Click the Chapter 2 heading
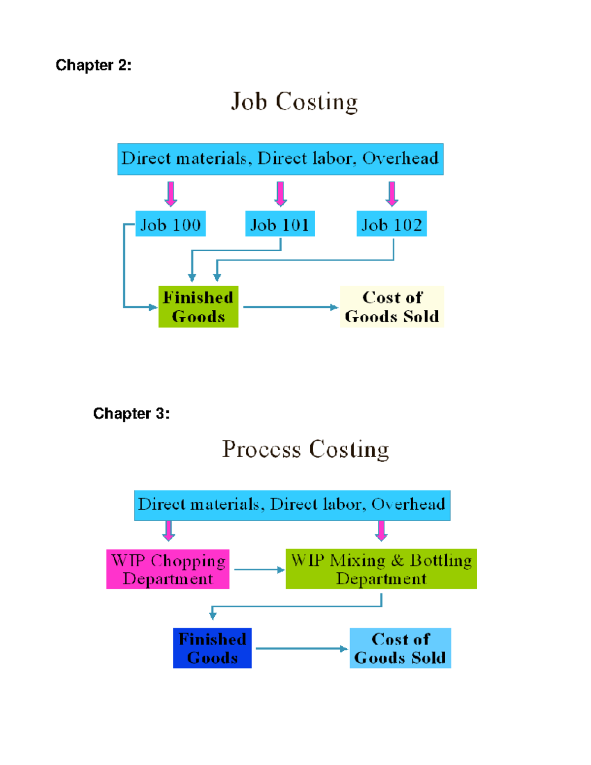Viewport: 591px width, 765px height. [x=94, y=65]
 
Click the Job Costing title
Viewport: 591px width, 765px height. [x=295, y=102]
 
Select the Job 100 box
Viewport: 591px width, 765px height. [x=170, y=224]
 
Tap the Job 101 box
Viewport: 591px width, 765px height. [x=280, y=224]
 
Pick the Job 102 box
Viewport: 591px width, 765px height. [x=392, y=224]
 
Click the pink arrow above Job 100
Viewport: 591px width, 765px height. [x=171, y=194]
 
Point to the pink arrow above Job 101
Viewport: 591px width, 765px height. [x=281, y=194]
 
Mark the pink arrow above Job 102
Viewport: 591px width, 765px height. [x=392, y=194]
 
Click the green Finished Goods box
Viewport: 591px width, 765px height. [x=198, y=306]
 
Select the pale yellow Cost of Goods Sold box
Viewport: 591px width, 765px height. [x=392, y=306]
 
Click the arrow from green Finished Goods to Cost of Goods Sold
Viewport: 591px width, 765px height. [x=291, y=307]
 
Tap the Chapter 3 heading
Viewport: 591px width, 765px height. [x=131, y=413]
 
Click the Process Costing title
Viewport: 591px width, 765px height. [x=305, y=449]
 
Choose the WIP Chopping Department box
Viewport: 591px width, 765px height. [x=168, y=569]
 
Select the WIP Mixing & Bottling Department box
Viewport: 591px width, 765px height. [x=381, y=569]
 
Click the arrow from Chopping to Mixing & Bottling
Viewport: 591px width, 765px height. [x=259, y=570]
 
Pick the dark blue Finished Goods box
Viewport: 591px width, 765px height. [x=212, y=648]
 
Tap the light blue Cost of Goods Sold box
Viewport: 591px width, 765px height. [x=400, y=648]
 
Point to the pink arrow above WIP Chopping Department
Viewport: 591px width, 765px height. [x=169, y=531]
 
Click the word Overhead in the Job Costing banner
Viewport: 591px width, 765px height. [x=400, y=159]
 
